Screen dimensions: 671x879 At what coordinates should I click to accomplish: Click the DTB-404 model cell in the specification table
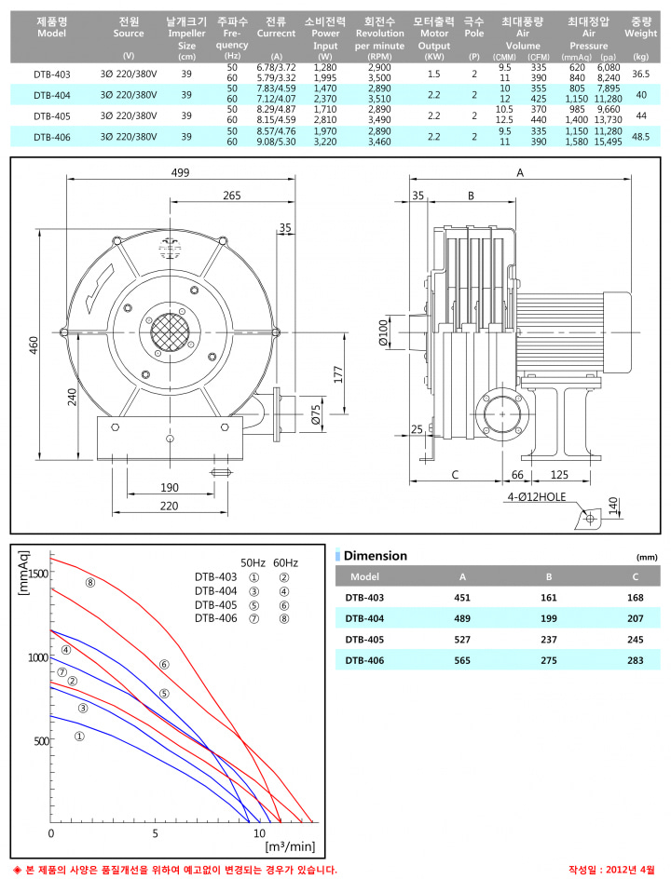click(x=51, y=95)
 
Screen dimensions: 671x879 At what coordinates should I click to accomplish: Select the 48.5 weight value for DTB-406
click(x=641, y=137)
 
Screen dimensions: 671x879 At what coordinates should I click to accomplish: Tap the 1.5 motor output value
click(x=433, y=74)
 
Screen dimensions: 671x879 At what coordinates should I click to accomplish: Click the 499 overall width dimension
click(x=180, y=172)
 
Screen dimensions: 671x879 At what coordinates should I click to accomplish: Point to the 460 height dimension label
click(x=34, y=345)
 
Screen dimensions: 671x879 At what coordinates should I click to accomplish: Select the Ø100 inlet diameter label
click(x=384, y=333)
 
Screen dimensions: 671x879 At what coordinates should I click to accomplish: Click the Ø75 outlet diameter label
click(x=316, y=415)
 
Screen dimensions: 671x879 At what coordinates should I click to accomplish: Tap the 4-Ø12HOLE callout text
click(x=537, y=496)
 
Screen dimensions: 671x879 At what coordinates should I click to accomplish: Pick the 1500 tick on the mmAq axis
click(x=38, y=573)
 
